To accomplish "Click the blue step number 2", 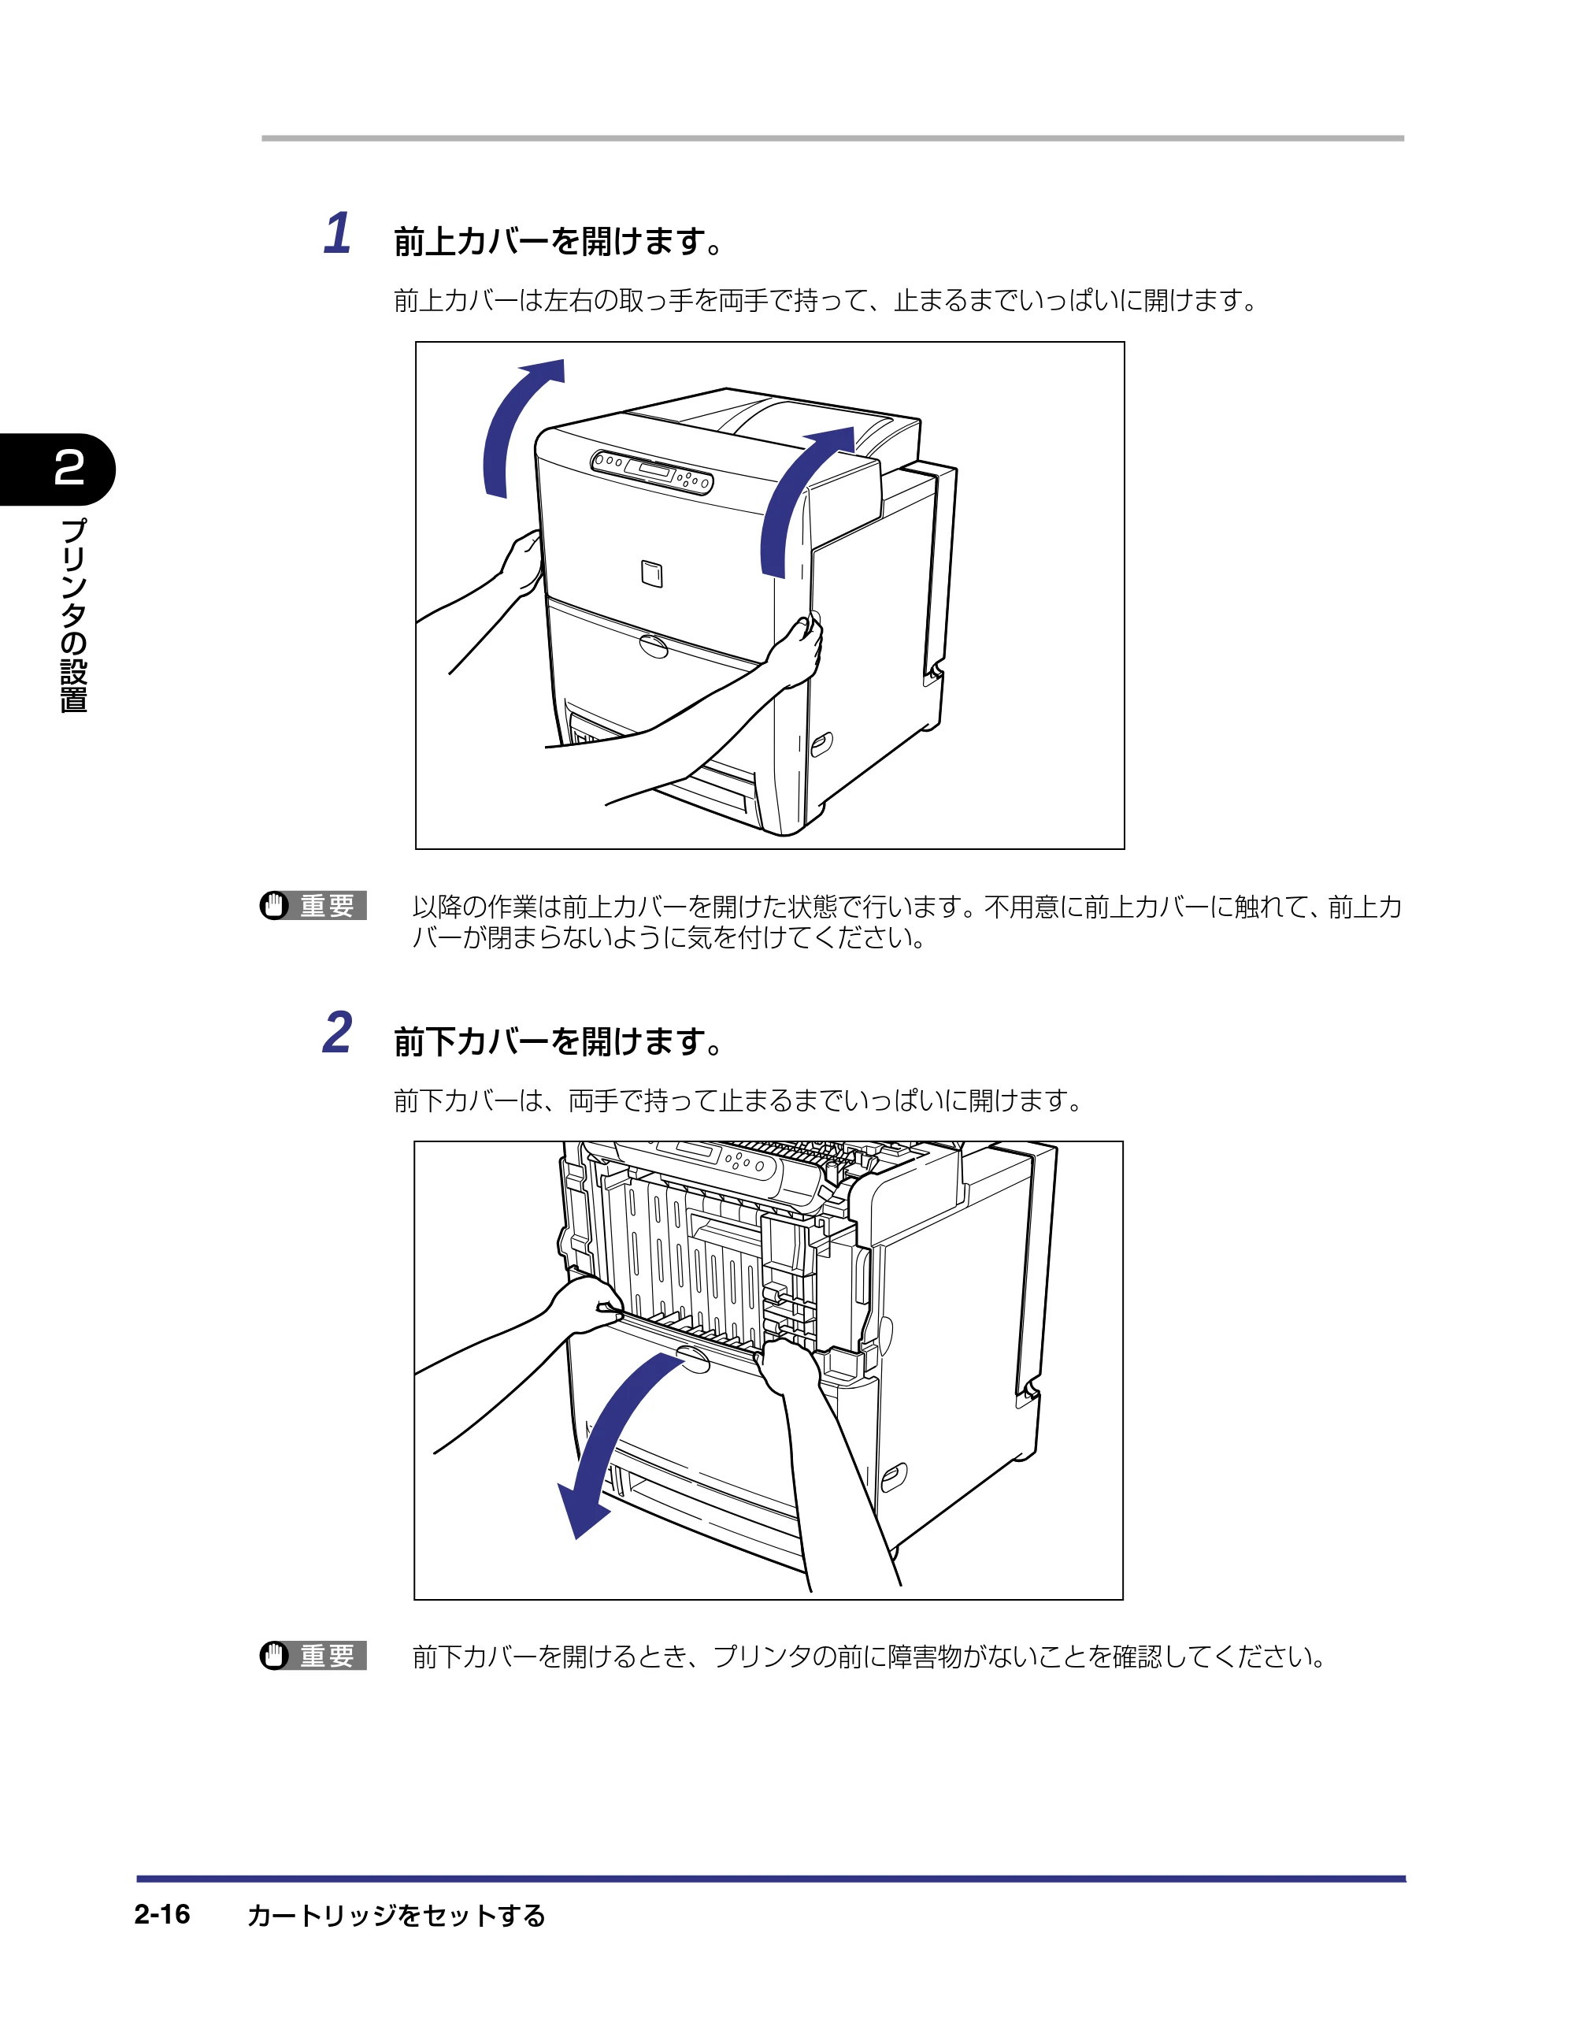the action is [337, 1033].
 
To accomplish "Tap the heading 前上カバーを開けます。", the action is [558, 241].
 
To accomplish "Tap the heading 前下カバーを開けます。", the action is [558, 1042].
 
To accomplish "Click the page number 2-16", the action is [162, 1914].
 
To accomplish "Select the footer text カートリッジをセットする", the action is [396, 1915].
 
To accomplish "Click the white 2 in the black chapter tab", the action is [69, 468].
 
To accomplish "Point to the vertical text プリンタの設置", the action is [73, 616].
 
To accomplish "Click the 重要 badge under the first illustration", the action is [313, 905].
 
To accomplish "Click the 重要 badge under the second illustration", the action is [313, 1655].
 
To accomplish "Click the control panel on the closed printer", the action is [652, 471].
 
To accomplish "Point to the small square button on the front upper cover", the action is [652, 574].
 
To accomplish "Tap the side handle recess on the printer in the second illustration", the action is [893, 1477].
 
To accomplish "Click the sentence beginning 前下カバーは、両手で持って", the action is [739, 1101].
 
